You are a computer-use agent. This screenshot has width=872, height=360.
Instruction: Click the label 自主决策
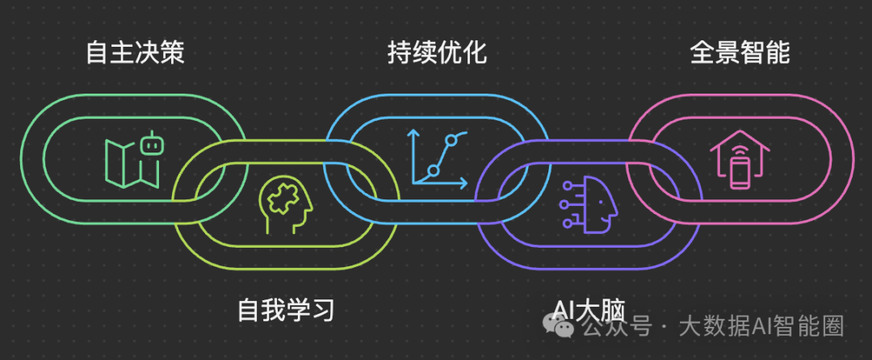pyautogui.click(x=136, y=53)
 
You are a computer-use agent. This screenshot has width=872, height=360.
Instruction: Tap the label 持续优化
pyautogui.click(x=437, y=53)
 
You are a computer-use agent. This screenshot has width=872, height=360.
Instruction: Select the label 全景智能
pyautogui.click(x=740, y=53)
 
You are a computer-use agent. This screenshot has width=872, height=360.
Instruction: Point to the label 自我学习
pyautogui.click(x=286, y=310)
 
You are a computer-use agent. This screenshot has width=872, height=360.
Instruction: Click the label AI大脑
pyautogui.click(x=589, y=310)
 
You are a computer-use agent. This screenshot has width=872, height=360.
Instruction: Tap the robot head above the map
pyautogui.click(x=149, y=145)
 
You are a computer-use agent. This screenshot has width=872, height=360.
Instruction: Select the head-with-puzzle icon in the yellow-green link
pyautogui.click(x=285, y=207)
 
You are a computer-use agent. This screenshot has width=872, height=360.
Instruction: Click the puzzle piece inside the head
pyautogui.click(x=283, y=199)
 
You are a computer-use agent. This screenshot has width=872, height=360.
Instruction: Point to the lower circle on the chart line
pyautogui.click(x=433, y=170)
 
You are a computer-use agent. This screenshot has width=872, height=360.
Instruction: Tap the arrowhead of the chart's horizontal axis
pyautogui.click(x=463, y=182)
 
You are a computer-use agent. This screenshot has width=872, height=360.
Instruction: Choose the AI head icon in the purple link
pyautogui.click(x=589, y=207)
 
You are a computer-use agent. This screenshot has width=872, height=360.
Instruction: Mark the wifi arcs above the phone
pyautogui.click(x=740, y=150)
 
